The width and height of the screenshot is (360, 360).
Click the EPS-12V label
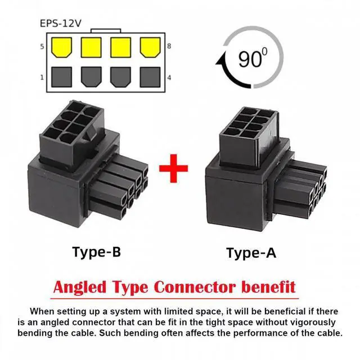(60, 24)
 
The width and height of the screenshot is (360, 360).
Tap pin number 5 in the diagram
(42, 46)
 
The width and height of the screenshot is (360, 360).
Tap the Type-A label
(251, 253)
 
